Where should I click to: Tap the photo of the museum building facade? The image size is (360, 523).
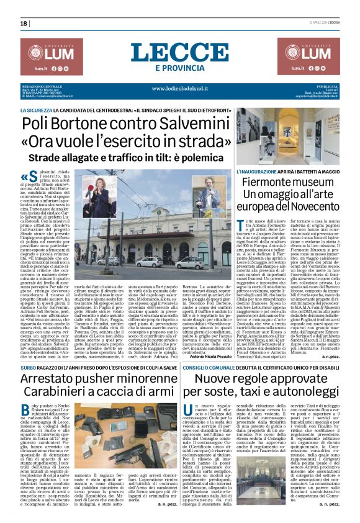(x=294, y=132)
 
